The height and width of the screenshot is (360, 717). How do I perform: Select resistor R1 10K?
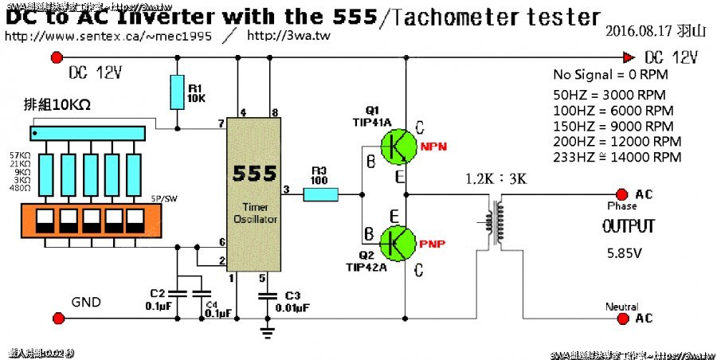coord(177,92)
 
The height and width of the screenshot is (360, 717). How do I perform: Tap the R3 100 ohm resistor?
coord(321,193)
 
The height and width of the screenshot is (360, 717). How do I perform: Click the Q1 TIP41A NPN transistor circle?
coord(399,146)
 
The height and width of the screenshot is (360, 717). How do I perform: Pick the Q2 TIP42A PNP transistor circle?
coord(399,241)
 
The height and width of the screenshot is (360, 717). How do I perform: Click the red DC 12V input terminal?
coord(57,57)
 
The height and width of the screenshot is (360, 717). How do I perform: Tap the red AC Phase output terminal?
coord(621,194)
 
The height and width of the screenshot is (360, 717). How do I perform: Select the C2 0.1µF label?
coord(157,299)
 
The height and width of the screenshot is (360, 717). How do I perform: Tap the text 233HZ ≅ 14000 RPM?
coord(617,157)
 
